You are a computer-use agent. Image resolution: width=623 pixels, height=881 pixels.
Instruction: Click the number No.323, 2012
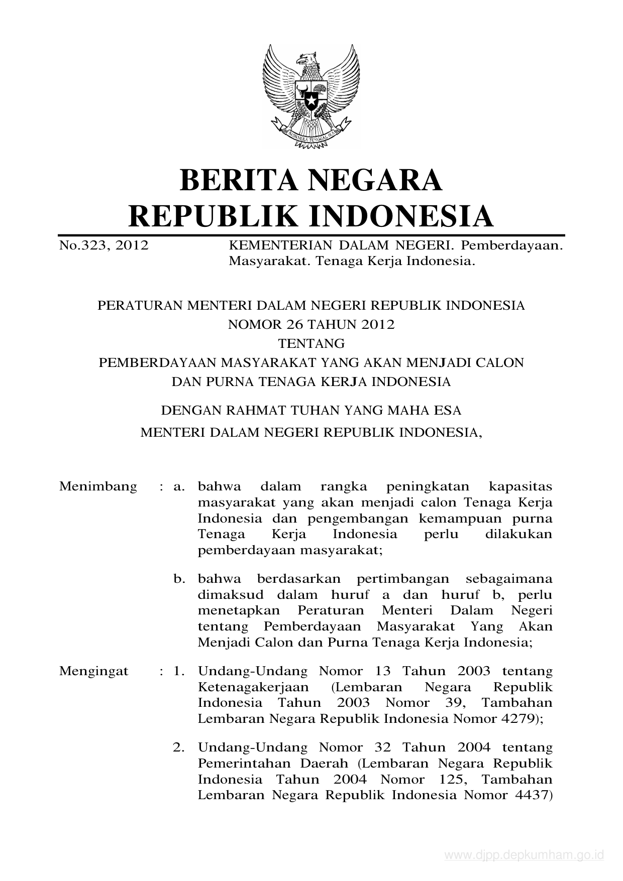(104, 246)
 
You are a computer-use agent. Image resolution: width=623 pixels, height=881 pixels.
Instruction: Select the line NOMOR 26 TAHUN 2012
(311, 324)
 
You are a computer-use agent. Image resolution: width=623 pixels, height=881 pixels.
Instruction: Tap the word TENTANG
(311, 343)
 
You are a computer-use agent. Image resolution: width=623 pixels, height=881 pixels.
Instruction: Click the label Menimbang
(98, 486)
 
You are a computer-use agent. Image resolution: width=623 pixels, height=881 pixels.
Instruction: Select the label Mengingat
(94, 671)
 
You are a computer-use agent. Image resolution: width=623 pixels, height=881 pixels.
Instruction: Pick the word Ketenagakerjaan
(253, 687)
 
